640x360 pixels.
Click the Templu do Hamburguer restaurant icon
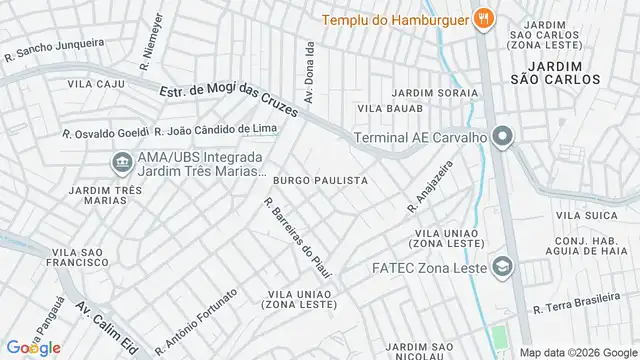[484, 17]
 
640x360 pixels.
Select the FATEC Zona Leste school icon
[501, 267]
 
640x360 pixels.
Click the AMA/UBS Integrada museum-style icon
[121, 160]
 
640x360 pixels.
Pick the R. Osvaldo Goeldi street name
[104, 132]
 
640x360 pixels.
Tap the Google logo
[32, 347]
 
